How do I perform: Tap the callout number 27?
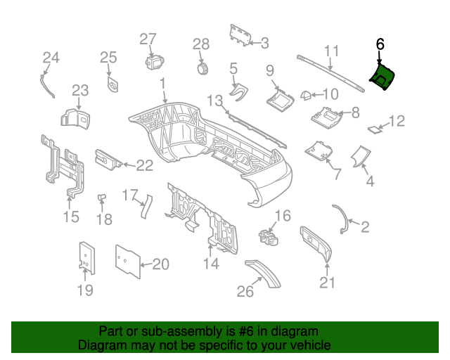tap(148, 39)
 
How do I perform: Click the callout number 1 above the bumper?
tap(163, 83)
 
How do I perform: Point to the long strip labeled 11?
tap(330, 72)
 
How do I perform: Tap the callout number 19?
tap(84, 290)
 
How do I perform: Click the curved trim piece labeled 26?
tap(263, 272)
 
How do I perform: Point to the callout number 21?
tap(328, 283)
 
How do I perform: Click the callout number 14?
tap(211, 264)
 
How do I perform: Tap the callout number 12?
tap(397, 122)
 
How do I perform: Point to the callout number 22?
tap(144, 166)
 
